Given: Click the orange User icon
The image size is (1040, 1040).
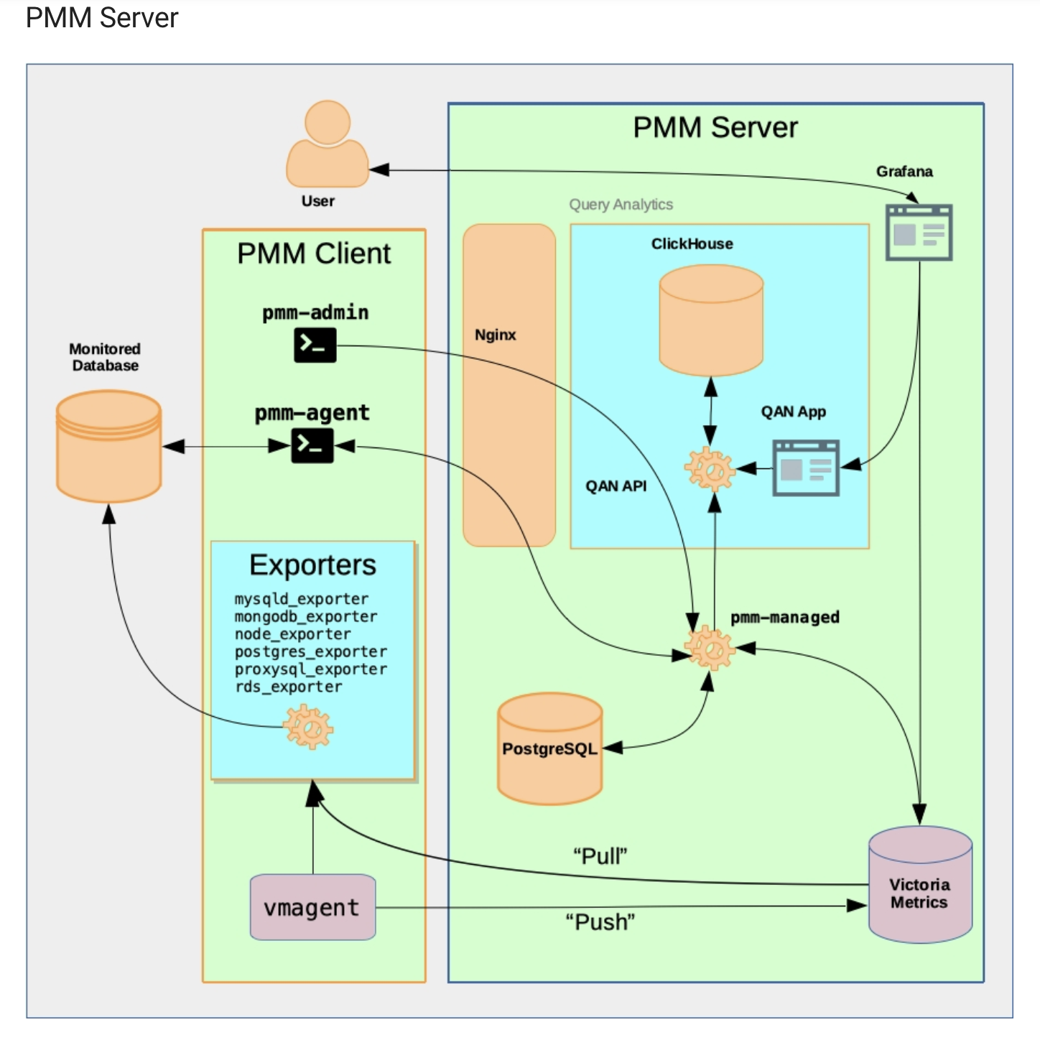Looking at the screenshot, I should click(x=328, y=145).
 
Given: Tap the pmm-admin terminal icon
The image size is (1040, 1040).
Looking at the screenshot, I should click(x=315, y=345).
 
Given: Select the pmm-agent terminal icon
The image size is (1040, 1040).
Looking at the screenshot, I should click(x=312, y=446).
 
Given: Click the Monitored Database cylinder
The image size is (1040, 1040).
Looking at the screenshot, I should click(x=109, y=446).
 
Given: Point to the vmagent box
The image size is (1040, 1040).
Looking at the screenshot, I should click(x=312, y=907).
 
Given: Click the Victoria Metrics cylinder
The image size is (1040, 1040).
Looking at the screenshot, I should click(x=920, y=885).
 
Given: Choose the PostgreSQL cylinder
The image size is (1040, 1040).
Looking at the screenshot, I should click(x=550, y=748).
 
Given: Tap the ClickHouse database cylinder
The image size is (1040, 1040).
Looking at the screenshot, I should click(x=711, y=320).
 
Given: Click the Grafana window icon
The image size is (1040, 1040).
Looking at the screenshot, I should click(x=919, y=233).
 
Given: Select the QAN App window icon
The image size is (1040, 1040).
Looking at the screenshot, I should click(x=806, y=468).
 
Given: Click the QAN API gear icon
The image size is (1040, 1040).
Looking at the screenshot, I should click(x=710, y=470).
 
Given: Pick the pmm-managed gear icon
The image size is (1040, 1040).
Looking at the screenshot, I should click(x=710, y=648).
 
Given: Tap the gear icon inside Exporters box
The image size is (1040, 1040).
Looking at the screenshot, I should click(x=308, y=728).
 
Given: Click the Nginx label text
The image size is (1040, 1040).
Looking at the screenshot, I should click(x=496, y=335).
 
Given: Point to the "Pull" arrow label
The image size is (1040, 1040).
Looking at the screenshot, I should click(x=600, y=856).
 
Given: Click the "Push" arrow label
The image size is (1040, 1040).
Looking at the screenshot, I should click(x=600, y=921).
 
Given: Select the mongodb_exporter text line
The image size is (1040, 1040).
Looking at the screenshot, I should click(x=306, y=617).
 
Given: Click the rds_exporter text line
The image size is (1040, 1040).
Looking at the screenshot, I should click(x=289, y=687).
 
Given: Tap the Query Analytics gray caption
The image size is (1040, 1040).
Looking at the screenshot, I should click(x=621, y=205).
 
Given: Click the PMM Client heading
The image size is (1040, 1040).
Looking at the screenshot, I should click(x=314, y=254).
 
